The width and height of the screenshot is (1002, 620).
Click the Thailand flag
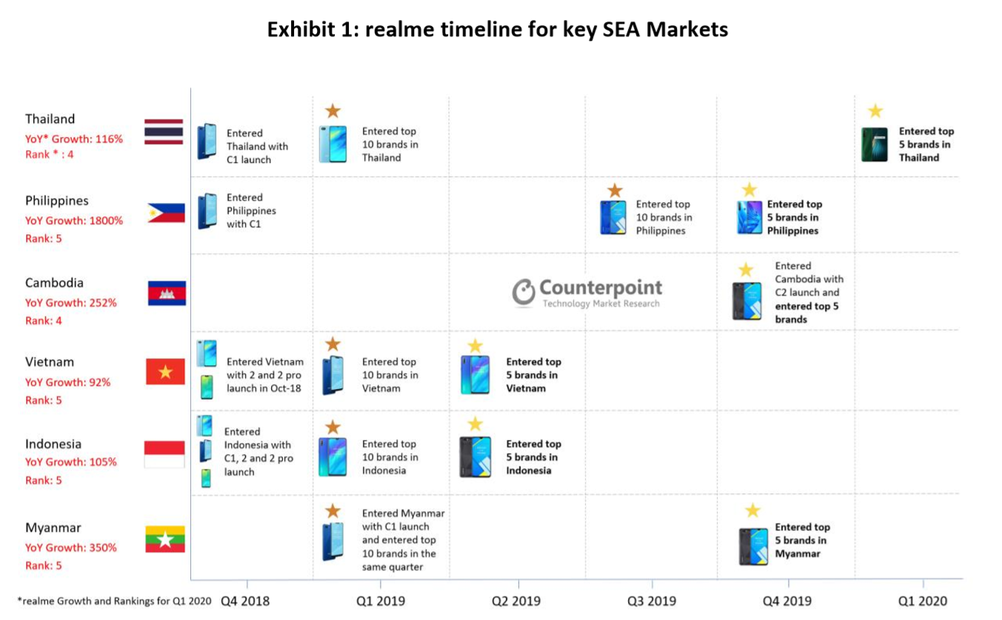point(164,131)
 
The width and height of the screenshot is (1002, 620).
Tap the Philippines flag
point(166,213)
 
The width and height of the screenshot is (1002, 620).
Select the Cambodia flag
point(167,293)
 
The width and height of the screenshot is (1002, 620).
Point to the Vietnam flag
point(165,371)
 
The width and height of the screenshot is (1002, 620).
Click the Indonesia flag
point(164,454)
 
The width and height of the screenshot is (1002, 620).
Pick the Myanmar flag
point(165,539)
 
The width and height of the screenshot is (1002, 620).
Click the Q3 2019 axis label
point(651,601)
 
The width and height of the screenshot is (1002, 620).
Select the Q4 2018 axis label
point(246,601)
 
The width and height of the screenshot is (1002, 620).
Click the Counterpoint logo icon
point(523,293)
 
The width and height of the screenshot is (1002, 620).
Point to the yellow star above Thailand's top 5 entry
point(875,111)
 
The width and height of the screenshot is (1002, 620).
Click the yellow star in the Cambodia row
point(746,270)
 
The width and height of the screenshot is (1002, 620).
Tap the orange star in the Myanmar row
point(333,510)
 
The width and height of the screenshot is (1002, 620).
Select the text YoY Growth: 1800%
point(74,220)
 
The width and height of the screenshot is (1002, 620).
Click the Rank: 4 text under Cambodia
point(44,321)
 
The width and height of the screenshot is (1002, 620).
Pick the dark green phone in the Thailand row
point(875,144)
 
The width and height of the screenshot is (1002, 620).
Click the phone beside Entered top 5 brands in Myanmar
point(752,547)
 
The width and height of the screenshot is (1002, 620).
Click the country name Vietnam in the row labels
point(50,362)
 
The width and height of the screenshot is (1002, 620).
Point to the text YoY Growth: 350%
point(71,547)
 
